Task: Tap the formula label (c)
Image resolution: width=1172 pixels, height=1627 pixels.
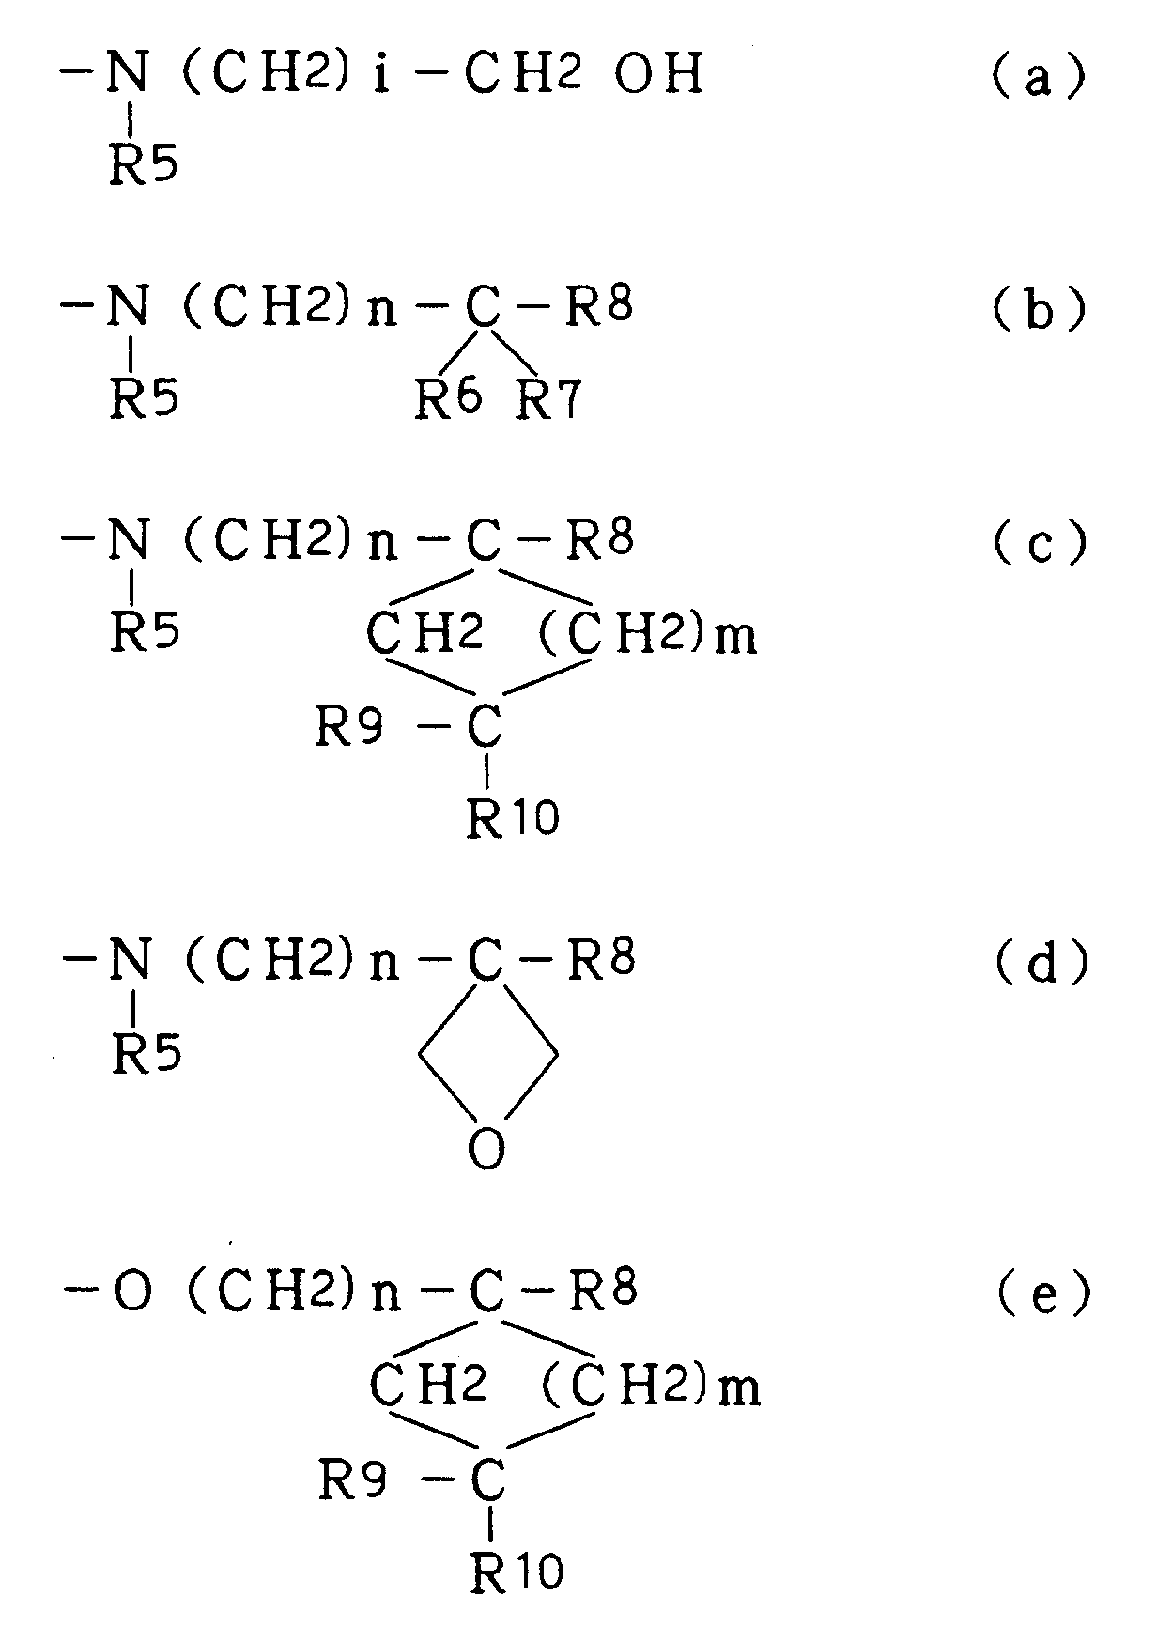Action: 1039,542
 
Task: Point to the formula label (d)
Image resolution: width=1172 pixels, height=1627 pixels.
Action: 1041,963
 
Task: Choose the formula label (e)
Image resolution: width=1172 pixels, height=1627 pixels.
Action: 1042,1294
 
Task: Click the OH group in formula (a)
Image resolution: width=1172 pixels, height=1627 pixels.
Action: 658,74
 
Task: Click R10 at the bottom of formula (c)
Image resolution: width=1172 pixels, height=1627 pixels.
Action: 513,818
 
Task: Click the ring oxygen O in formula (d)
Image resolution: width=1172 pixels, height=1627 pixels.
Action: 486,1149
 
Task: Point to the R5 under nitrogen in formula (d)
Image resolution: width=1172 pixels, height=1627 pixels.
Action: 146,1054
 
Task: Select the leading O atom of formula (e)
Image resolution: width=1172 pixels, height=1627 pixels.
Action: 131,1294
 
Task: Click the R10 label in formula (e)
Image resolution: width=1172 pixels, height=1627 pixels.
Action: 517,1573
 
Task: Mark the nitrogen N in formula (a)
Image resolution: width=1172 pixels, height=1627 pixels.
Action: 127,74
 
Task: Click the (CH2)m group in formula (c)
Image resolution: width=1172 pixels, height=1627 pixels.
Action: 648,635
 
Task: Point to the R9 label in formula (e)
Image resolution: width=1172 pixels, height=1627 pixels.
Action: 353,1483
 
